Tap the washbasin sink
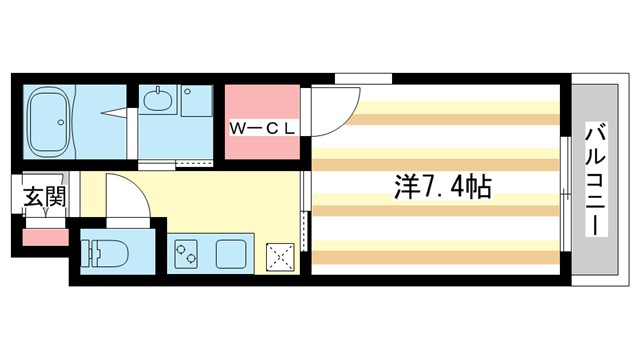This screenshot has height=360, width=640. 157,101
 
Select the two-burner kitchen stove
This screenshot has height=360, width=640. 186,255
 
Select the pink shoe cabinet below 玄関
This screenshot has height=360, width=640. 44,238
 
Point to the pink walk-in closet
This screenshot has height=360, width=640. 262,110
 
